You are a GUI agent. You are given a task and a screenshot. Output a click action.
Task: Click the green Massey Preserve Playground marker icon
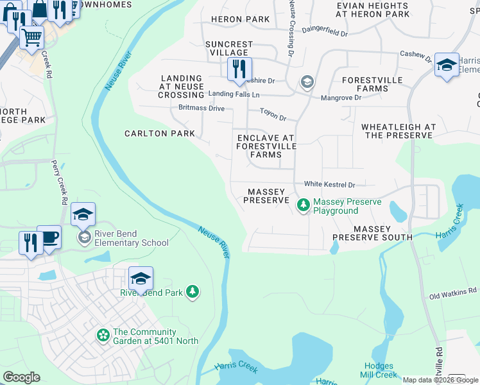point(303,206)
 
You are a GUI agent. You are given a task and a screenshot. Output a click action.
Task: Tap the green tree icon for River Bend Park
point(192,293)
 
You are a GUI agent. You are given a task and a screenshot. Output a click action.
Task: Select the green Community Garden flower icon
point(103,335)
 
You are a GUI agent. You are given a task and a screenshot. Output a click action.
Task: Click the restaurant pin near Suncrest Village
point(239,69)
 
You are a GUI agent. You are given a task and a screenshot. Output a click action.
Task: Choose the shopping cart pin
point(31,37)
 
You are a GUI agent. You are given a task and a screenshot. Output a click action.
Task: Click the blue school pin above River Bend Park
point(141,278)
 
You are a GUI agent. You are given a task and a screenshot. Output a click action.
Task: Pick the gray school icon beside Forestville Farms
point(307,82)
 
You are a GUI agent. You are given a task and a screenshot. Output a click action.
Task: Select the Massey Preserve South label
point(372,233)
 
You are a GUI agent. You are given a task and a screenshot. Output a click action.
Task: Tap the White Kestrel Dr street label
point(329,184)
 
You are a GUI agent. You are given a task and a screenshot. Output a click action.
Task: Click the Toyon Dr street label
point(273,115)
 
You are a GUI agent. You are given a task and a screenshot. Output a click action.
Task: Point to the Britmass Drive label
point(201,108)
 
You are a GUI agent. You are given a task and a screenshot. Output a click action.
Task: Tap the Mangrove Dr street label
point(341,98)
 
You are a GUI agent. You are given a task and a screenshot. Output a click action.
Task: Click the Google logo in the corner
point(21,377)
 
